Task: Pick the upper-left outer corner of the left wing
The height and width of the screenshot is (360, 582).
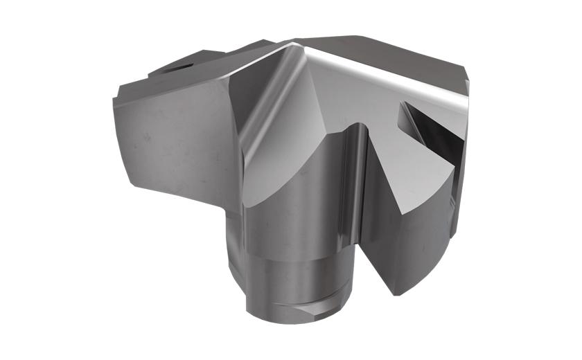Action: pos(114,97)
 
